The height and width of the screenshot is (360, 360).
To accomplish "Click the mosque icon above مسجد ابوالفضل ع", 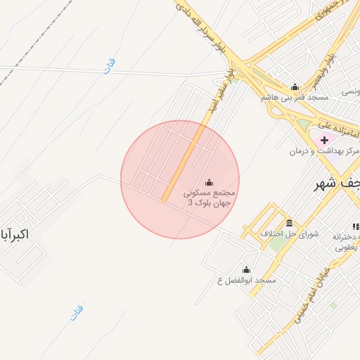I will click(x=246, y=269).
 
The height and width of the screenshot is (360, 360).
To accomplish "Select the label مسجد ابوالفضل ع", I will click(x=247, y=281).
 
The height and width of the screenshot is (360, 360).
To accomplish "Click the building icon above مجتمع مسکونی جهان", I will click(x=208, y=181).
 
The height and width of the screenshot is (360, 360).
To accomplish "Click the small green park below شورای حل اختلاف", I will click(x=278, y=243).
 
